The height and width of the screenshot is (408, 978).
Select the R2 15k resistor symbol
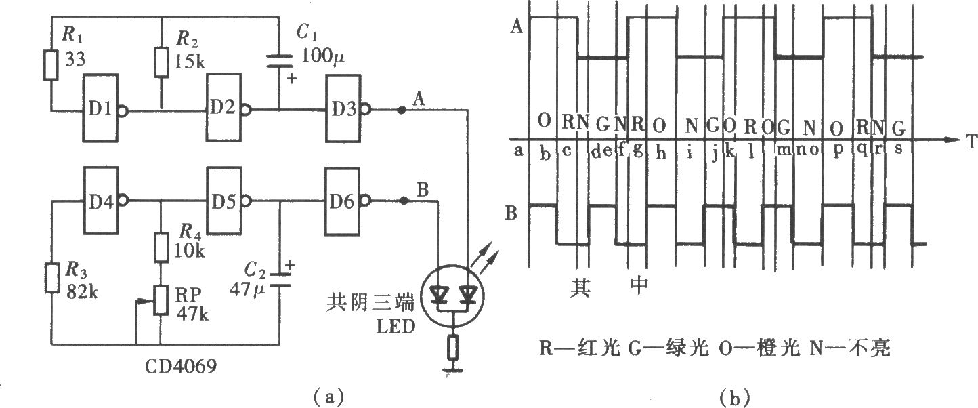point(162,63)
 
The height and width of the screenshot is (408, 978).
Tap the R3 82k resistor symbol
point(52,278)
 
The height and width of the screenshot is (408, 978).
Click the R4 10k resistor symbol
point(161,247)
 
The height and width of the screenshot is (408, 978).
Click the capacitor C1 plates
point(279,61)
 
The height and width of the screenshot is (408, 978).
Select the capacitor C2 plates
point(280,281)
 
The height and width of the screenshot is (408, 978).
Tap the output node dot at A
point(402,110)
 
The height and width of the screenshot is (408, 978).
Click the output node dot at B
point(404,201)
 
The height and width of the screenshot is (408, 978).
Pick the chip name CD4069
point(180,366)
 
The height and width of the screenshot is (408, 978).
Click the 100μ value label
point(322,56)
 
